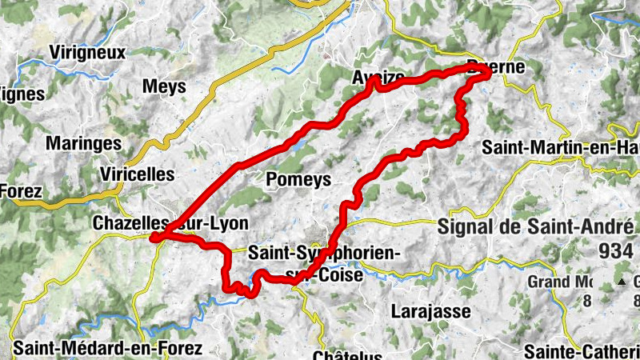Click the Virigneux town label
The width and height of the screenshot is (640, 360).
tap(87, 53)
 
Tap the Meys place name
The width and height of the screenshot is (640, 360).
tap(163, 86)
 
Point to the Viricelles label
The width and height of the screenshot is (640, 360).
tap(138, 174)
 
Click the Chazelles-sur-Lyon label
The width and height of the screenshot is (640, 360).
tap(170, 223)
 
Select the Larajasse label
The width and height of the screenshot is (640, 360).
tap(431, 311)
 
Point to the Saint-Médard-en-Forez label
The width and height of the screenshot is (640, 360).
tap(107, 348)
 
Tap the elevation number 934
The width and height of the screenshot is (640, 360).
tap(614, 251)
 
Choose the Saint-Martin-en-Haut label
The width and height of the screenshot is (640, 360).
tap(560, 148)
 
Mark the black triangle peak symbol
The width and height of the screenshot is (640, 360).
tap(622, 282)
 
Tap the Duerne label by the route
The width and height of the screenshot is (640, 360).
tap(498, 68)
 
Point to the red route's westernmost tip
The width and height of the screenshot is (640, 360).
tap(150, 237)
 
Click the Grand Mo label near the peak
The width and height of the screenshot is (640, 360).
tap(560, 282)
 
